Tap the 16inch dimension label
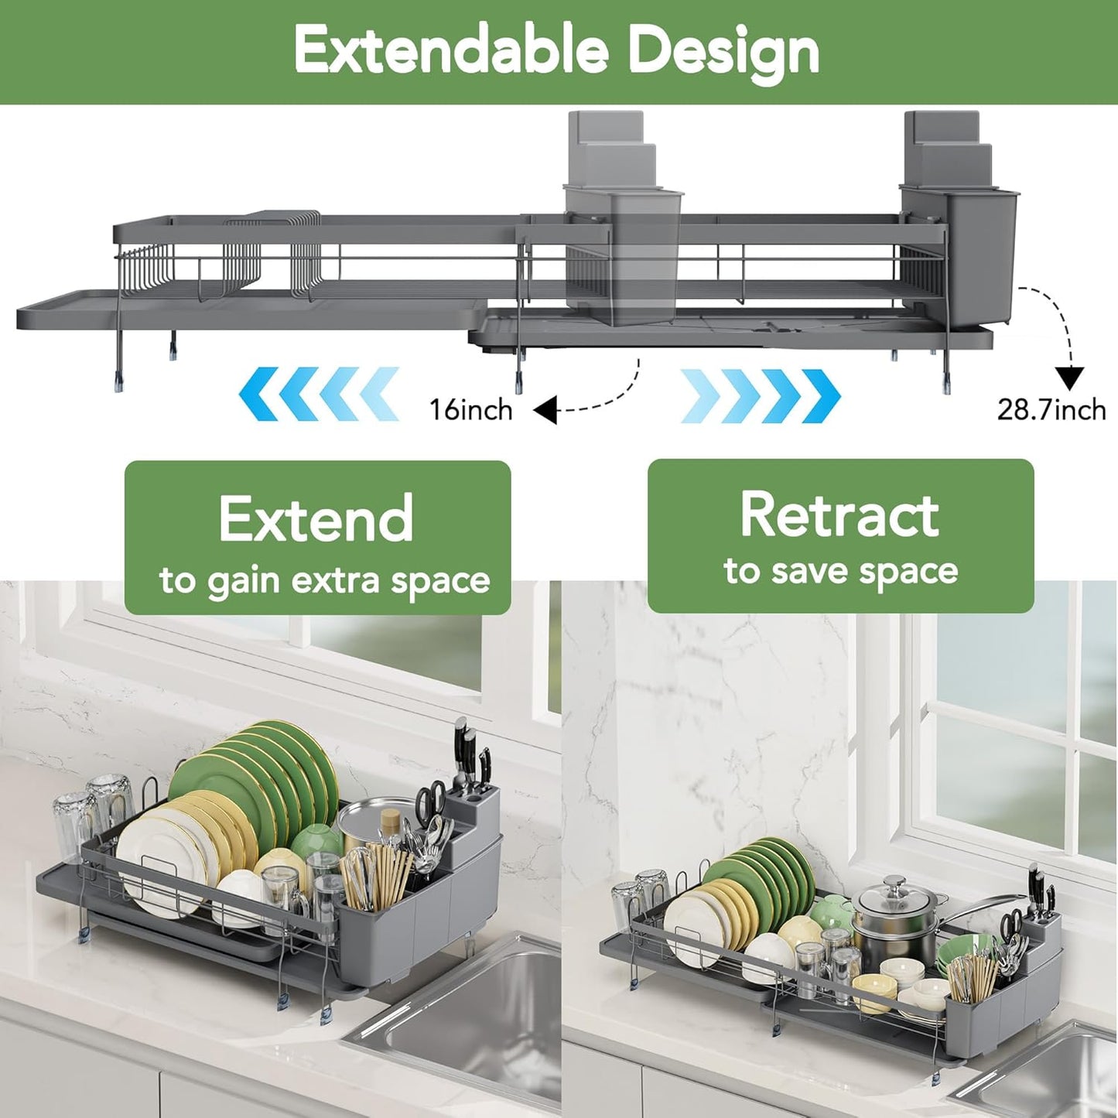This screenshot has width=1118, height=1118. [471, 409]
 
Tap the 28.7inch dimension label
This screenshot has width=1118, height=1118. [1051, 409]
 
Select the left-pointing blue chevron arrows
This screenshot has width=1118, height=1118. [319, 395]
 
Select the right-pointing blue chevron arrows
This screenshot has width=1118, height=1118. [760, 395]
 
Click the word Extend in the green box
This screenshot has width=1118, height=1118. [316, 519]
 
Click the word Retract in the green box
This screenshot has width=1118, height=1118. [839, 515]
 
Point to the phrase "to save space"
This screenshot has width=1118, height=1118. [841, 572]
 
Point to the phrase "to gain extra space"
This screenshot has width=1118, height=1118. [324, 581]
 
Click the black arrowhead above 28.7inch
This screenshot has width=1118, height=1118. [1070, 378]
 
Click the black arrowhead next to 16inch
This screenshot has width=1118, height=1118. [546, 409]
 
